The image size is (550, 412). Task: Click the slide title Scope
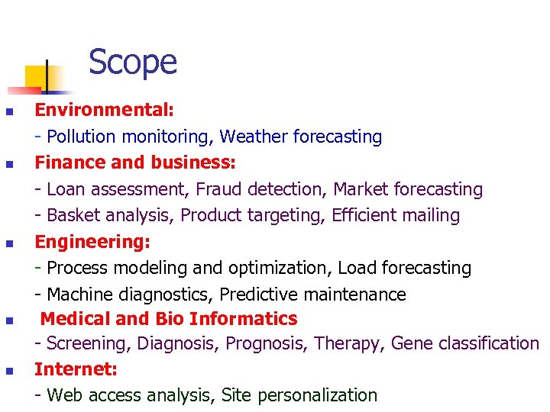132,63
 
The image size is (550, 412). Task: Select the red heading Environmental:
105,110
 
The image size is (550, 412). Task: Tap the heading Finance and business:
135,163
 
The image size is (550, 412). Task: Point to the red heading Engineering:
92,243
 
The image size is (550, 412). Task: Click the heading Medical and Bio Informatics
169,319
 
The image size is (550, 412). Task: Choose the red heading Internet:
76,370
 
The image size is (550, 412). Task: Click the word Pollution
80,137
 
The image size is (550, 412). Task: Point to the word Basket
73,216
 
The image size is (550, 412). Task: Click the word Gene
411,344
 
